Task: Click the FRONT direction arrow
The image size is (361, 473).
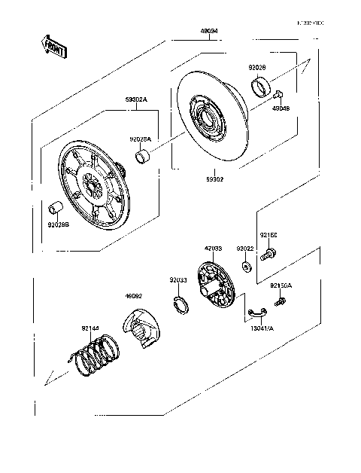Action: point(53,46)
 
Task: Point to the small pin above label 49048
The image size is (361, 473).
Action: point(278,95)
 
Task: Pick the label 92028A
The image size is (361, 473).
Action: point(140,139)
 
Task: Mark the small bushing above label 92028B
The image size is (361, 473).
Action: point(55,206)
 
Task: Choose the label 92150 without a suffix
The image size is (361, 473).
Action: point(268,235)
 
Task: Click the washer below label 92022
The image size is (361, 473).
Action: point(247,266)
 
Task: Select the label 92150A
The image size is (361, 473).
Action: point(281,285)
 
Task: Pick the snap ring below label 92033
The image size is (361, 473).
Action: point(181,306)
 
